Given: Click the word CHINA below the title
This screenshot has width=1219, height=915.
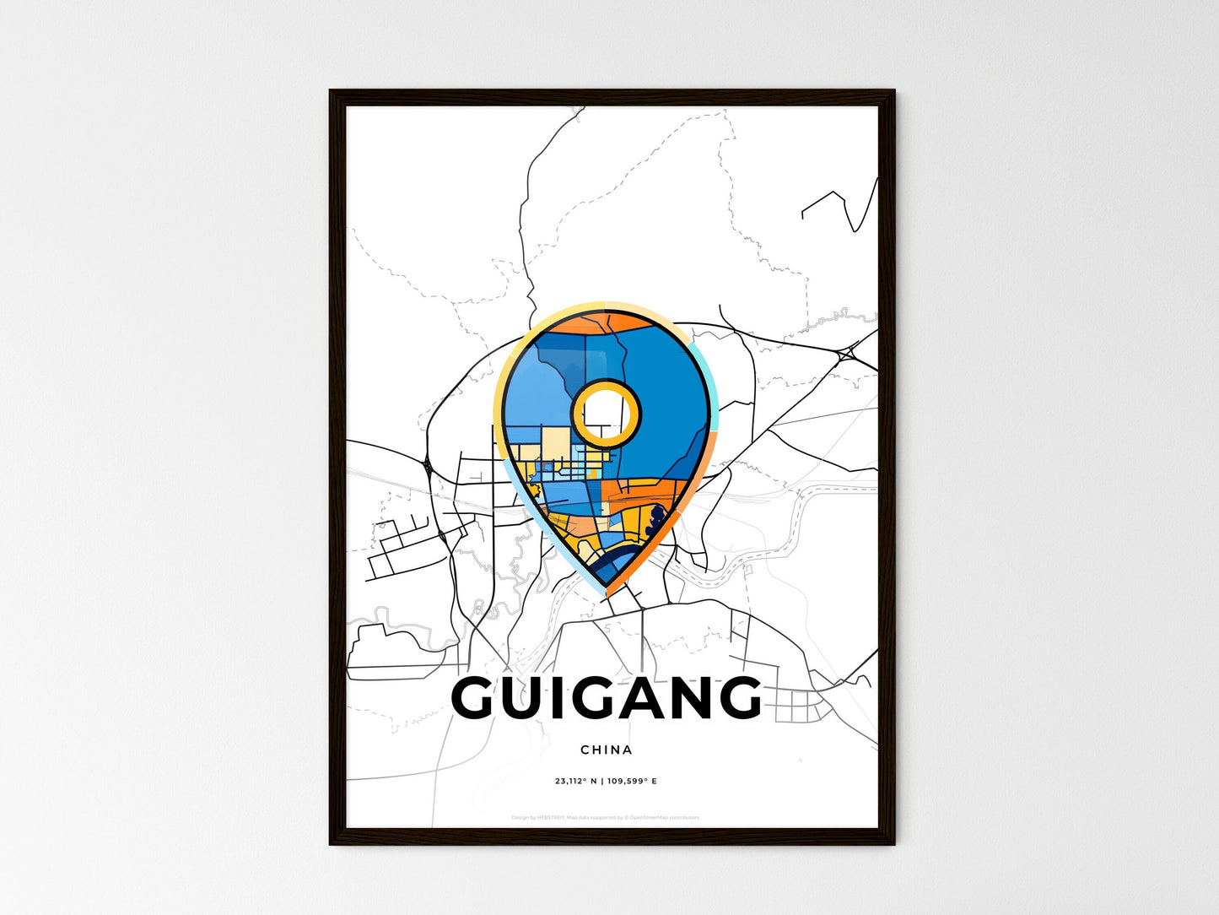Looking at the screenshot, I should click(x=606, y=750).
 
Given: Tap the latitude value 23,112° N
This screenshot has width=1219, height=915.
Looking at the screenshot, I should click(x=575, y=781).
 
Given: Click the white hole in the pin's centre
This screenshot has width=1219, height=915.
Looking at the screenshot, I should click(x=604, y=412).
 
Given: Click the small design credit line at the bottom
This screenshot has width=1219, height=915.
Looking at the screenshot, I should click(x=606, y=817).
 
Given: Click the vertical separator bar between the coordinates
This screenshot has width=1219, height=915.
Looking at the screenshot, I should click(x=601, y=781).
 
